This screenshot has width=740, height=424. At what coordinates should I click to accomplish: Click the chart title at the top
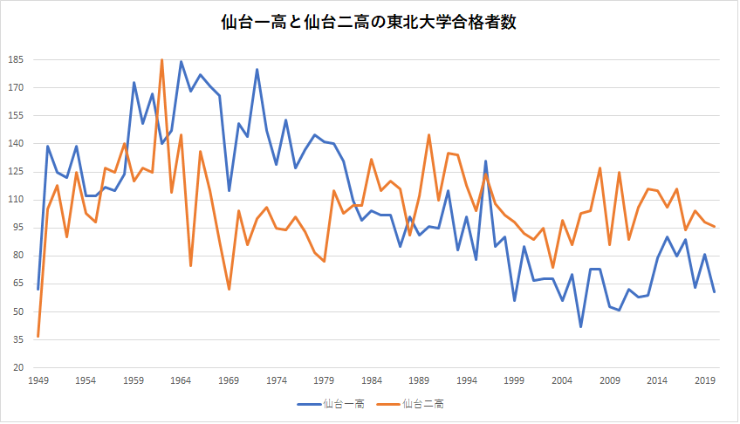370,24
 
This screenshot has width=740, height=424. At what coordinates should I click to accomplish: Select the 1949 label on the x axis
38,381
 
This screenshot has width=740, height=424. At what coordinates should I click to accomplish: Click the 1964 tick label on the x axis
181,381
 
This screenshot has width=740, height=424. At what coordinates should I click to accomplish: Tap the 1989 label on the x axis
420,381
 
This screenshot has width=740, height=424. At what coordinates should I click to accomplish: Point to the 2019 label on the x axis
706,381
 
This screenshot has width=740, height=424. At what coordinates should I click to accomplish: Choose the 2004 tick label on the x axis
563,381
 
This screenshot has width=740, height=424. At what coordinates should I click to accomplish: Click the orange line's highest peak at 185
162,60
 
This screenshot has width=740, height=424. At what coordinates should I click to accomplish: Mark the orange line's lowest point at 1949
38,336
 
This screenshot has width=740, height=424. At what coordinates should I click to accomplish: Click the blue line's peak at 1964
181,62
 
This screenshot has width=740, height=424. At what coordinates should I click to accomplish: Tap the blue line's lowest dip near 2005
581,326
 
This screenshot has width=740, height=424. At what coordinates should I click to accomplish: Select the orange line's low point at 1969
229,289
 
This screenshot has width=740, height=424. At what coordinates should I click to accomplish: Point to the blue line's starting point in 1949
38,288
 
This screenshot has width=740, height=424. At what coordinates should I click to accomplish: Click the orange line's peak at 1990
429,134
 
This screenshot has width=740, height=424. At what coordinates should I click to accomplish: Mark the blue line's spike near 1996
486,161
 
